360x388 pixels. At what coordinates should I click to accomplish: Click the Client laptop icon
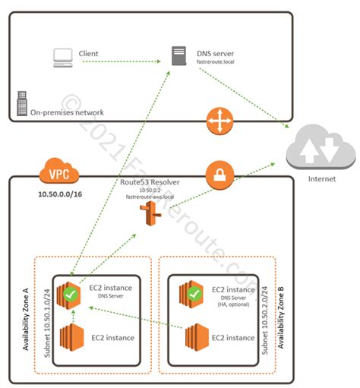click(x=62, y=55)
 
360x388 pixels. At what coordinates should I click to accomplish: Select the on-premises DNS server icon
click(x=178, y=55)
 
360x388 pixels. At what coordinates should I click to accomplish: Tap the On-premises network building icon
click(x=21, y=103)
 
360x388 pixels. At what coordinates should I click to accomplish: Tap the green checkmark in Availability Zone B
click(x=194, y=292)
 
